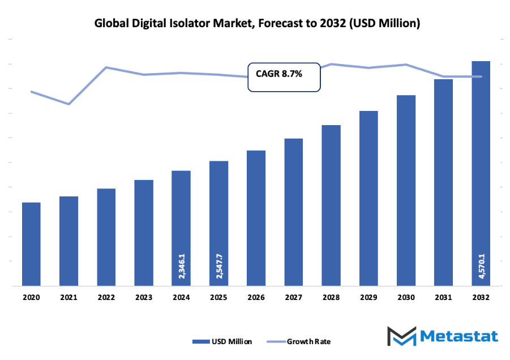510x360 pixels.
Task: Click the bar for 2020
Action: pos(31,244)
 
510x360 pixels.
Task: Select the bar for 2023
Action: pos(144,233)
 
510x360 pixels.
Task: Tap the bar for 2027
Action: pos(293,212)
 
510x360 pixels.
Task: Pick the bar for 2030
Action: pos(406,190)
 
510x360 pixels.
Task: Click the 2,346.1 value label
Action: pos(181,265)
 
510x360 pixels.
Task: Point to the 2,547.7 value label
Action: pos(218,265)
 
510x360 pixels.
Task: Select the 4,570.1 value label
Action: pos(481,265)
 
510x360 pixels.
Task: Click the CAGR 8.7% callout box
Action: pos(284,76)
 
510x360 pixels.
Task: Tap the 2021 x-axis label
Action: pos(68,297)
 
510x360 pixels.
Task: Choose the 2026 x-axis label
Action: pos(256,297)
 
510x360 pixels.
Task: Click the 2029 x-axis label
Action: pos(368,297)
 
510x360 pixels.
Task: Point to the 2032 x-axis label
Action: pos(481,297)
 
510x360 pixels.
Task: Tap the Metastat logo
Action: pos(442,336)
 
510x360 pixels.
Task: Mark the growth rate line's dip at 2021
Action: pos(68,104)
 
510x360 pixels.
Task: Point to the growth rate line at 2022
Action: pos(106,67)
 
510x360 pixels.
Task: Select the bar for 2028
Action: pos(331,205)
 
